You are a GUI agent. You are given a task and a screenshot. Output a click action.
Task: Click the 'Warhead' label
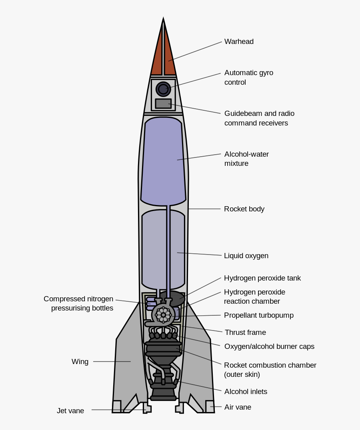239,42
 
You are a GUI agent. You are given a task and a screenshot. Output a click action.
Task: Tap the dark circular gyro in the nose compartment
163,89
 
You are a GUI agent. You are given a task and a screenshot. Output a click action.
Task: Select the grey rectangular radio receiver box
163,104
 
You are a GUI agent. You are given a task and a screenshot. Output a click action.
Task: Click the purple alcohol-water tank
163,160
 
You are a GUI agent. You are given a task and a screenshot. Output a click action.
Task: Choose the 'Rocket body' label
244,209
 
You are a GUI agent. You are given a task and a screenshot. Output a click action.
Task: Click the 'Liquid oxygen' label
246,256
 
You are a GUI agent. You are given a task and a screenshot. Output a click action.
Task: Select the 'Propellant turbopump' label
258,315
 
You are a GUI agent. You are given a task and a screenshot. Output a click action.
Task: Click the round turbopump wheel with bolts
163,315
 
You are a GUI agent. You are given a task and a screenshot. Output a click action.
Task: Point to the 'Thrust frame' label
245,332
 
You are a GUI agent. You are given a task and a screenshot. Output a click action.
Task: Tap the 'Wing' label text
80,362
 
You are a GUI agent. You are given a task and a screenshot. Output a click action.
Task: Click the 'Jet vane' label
70,411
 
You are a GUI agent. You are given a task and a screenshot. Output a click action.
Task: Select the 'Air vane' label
238,407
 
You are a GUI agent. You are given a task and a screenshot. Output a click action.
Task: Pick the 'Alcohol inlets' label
246,392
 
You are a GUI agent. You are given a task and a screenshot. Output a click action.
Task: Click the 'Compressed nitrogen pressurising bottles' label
78,304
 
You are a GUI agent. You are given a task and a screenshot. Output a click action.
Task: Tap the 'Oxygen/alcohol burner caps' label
269,346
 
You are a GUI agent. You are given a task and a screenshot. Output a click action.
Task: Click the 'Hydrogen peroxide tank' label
262,278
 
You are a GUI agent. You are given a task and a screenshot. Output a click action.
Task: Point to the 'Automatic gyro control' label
248,78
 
